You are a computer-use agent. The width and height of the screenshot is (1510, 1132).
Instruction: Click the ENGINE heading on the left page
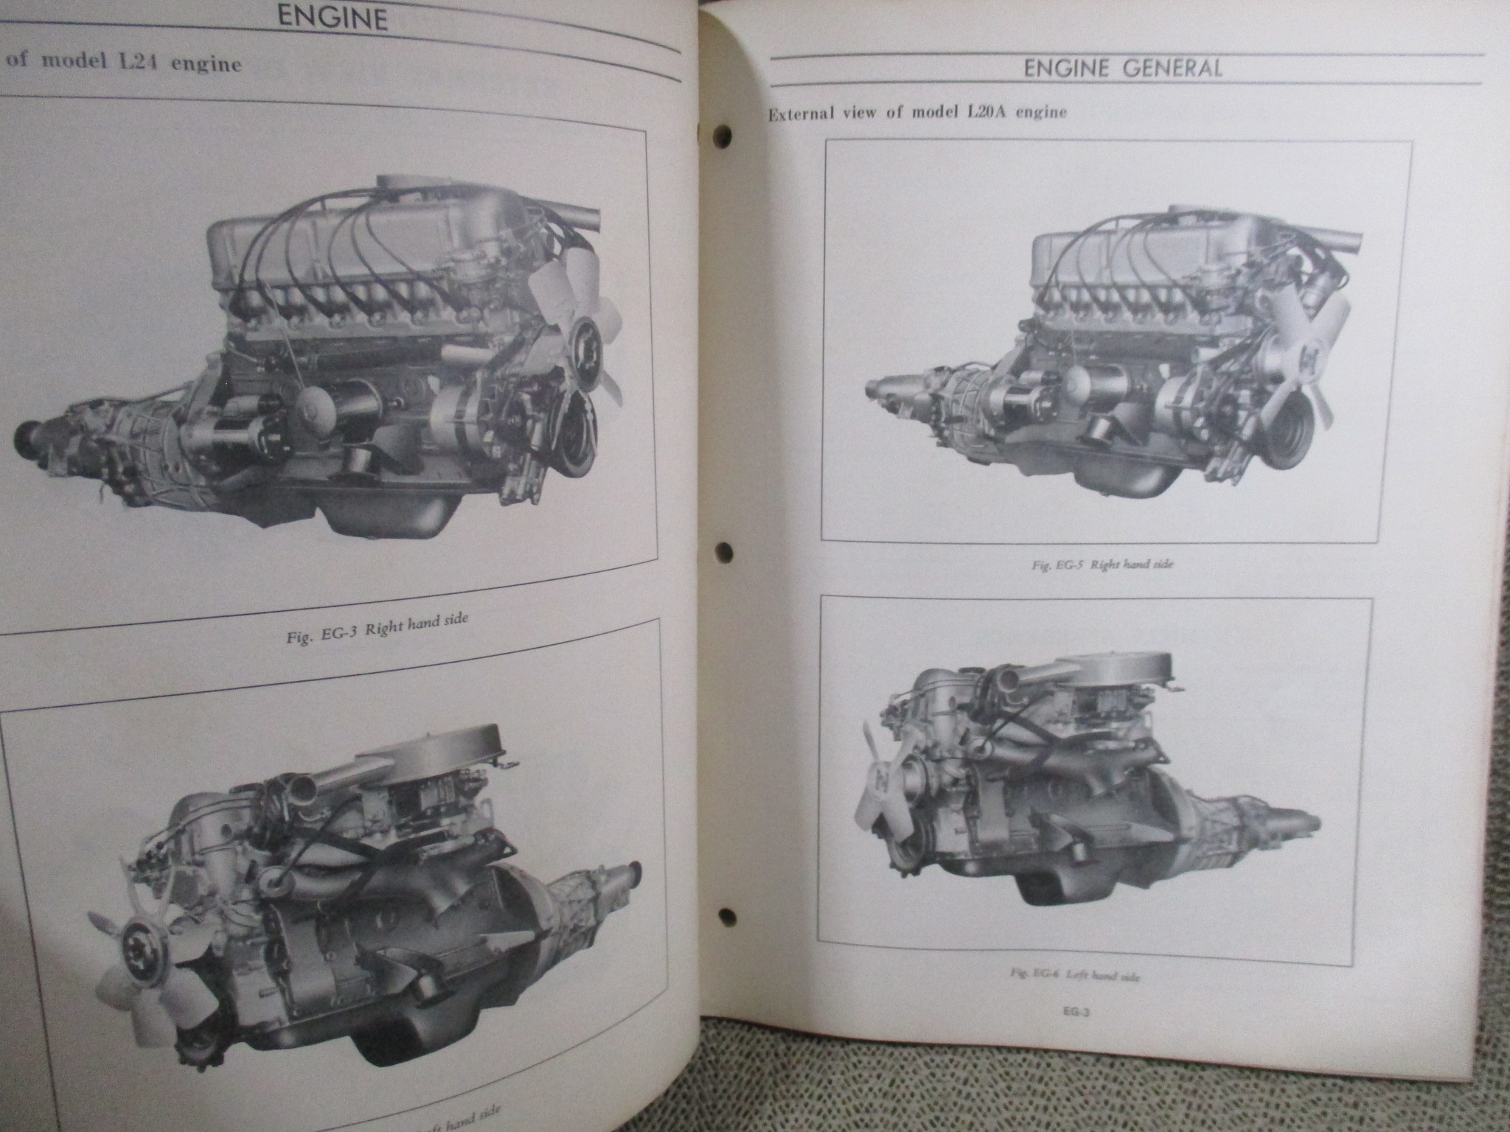pyautogui.click(x=333, y=18)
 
